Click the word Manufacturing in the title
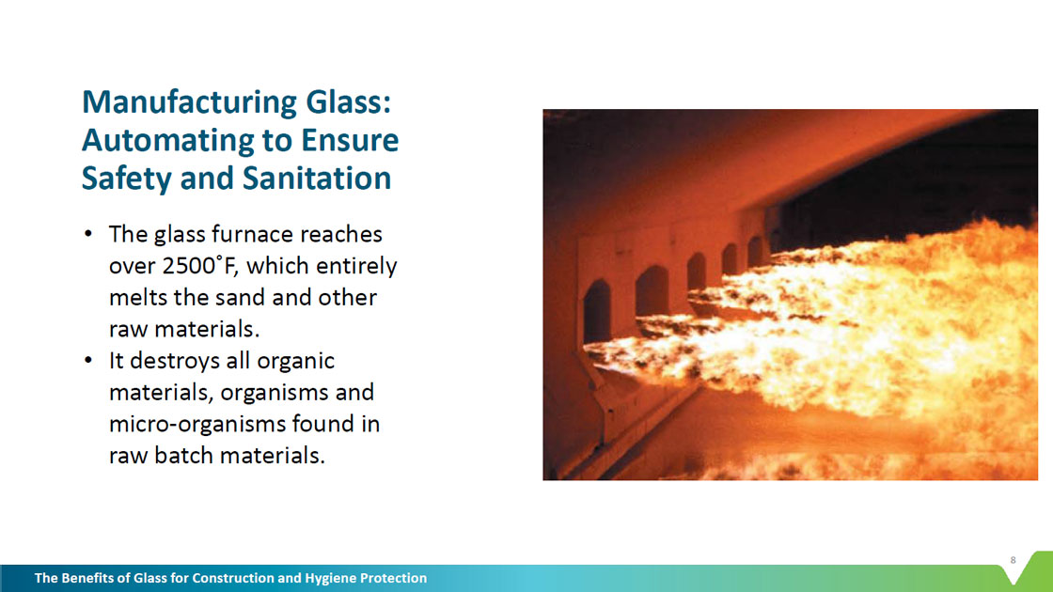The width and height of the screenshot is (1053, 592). click(x=189, y=103)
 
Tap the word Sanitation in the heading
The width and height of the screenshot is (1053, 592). click(x=316, y=178)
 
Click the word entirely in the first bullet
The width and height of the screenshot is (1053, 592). click(x=356, y=267)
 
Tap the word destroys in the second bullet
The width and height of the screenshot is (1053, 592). click(x=175, y=361)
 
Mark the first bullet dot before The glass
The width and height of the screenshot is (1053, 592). click(x=88, y=234)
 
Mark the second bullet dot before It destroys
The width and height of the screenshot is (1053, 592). click(x=88, y=361)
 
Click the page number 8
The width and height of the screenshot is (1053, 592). click(x=1014, y=560)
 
